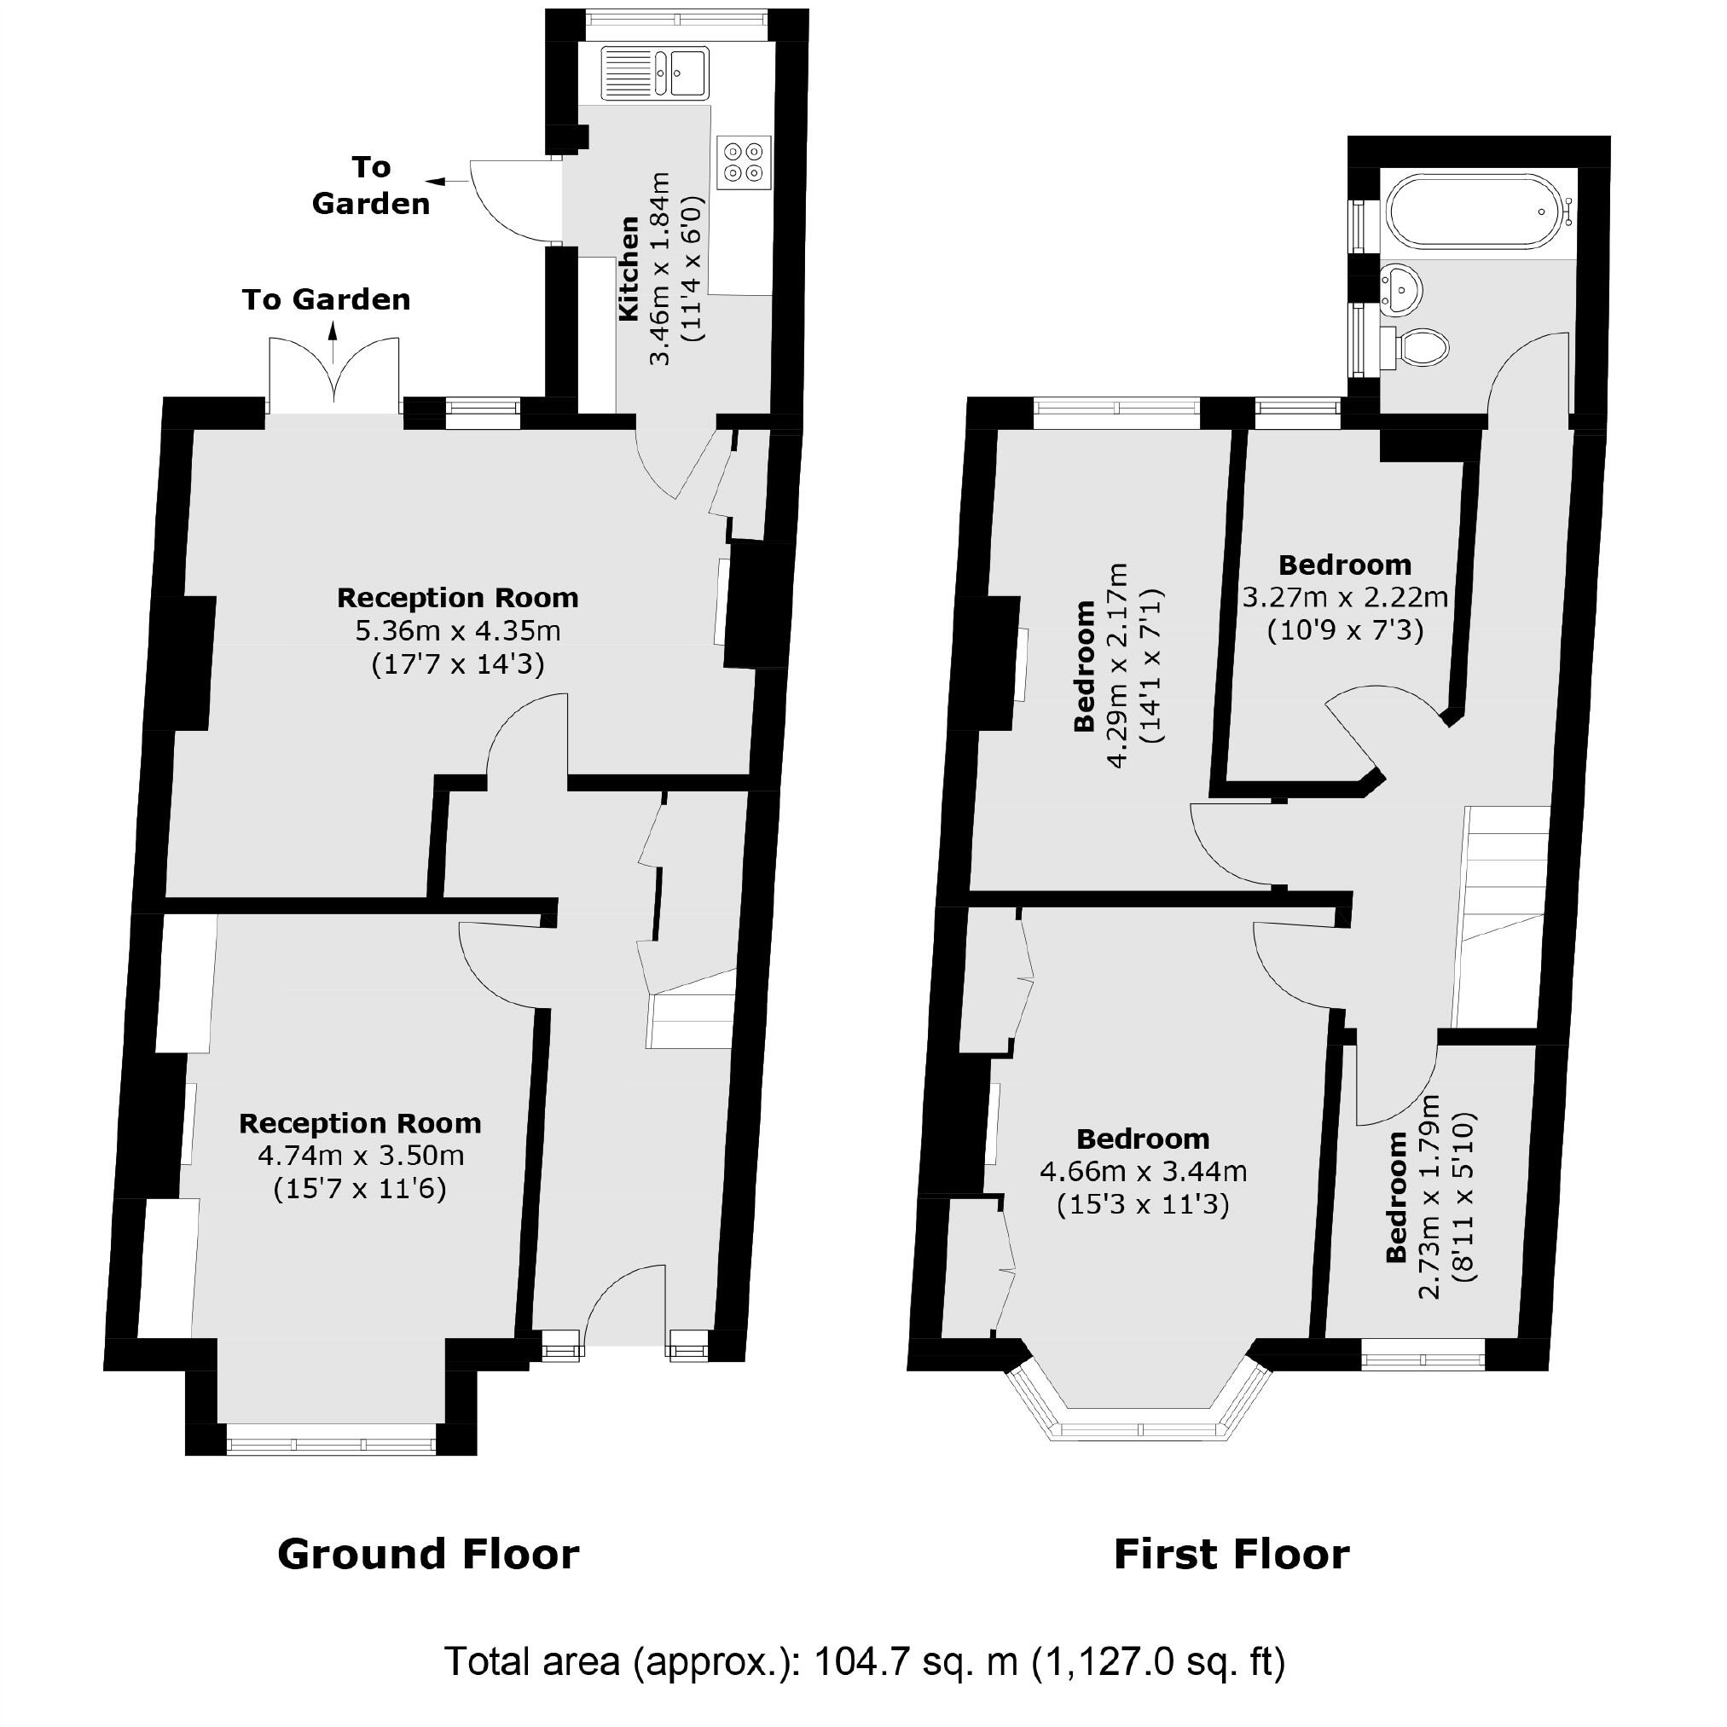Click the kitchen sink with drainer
tap(655, 72)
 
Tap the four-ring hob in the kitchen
tap(745, 162)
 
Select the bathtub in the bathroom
tap(1478, 211)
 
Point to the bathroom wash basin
tap(1400, 289)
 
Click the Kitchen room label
tap(629, 268)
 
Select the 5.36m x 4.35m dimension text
tap(458, 631)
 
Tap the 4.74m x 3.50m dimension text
tap(360, 1156)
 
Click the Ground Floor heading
tap(428, 1554)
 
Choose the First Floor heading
tap(1231, 1554)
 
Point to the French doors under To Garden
tap(333, 375)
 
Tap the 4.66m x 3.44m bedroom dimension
tap(1143, 1171)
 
